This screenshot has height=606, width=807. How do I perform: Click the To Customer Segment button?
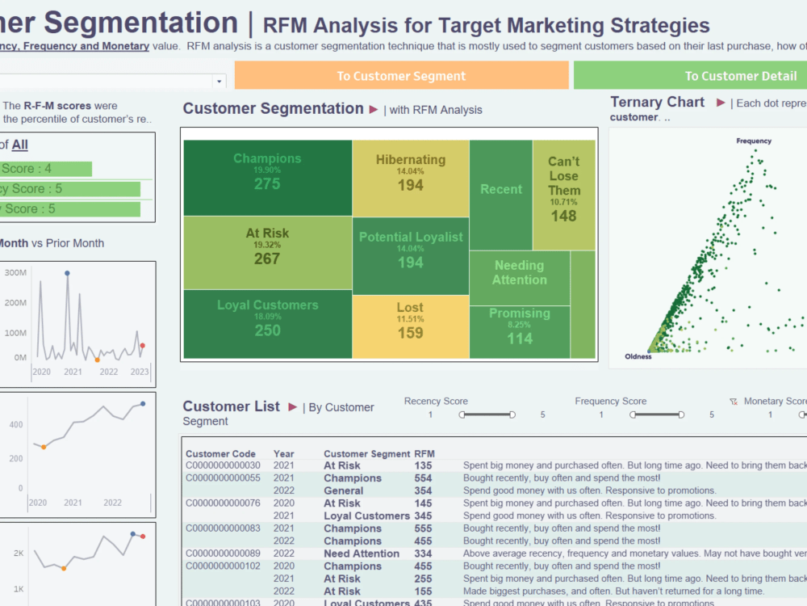click(401, 76)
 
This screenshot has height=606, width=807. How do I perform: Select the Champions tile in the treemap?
click(267, 172)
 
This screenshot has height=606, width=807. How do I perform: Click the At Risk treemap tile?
click(267, 246)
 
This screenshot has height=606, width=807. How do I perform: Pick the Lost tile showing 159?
click(410, 321)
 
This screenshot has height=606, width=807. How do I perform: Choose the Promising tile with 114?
click(519, 326)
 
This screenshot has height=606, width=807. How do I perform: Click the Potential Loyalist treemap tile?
click(411, 250)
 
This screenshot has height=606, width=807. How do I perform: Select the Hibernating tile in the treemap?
click(410, 173)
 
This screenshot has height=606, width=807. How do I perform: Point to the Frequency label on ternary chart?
click(754, 141)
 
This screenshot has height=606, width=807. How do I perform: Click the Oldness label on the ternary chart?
click(638, 356)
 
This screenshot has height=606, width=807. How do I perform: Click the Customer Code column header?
click(220, 454)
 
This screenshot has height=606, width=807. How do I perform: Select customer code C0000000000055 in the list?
click(223, 478)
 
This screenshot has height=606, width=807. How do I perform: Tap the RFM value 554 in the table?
click(424, 478)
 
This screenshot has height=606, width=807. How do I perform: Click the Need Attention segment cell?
click(362, 553)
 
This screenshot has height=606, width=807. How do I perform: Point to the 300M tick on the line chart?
click(15, 273)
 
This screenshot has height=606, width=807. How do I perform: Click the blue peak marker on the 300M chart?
click(67, 274)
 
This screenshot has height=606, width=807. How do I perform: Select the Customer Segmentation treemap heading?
click(273, 108)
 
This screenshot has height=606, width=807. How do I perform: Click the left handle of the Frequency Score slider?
click(633, 415)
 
